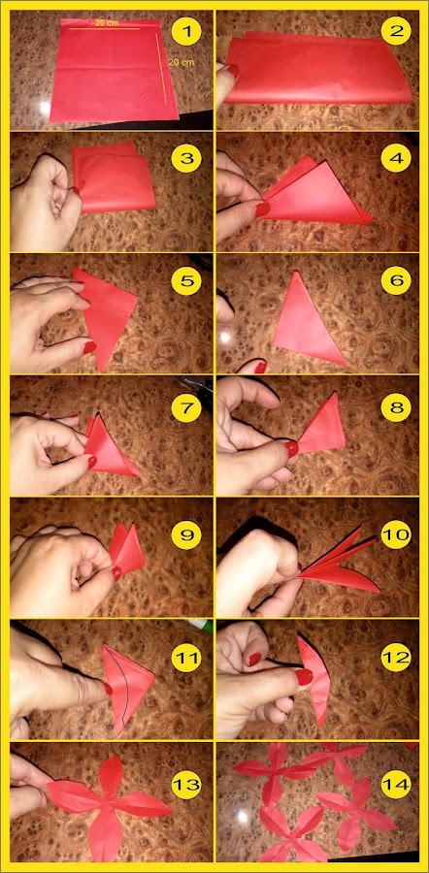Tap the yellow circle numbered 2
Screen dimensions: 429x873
[x=395, y=31]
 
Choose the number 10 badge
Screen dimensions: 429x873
[x=395, y=534]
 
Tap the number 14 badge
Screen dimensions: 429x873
[x=395, y=785]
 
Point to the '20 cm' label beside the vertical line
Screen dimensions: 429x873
[x=181, y=62]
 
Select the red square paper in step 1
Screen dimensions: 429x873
[x=114, y=70]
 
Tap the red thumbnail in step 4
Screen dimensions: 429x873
[x=262, y=210]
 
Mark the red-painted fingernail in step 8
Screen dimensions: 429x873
[x=291, y=448]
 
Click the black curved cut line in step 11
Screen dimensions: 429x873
[x=125, y=688]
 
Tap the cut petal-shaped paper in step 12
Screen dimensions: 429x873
[x=313, y=678]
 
